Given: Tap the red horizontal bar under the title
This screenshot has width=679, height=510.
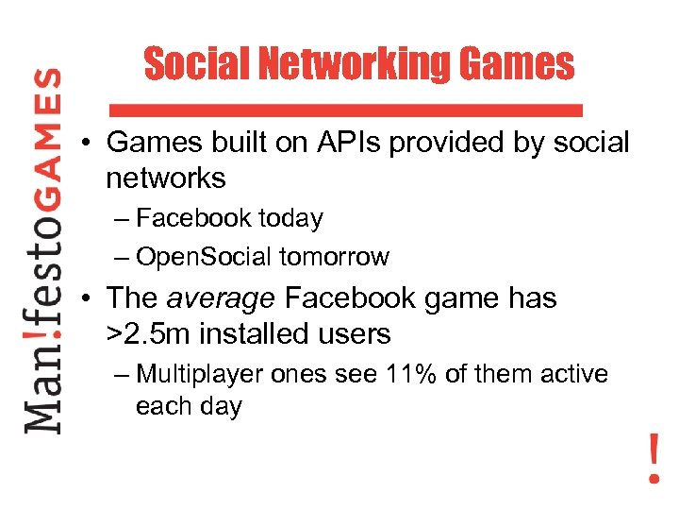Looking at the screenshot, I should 345,110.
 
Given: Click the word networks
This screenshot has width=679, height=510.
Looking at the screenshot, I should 166,178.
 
